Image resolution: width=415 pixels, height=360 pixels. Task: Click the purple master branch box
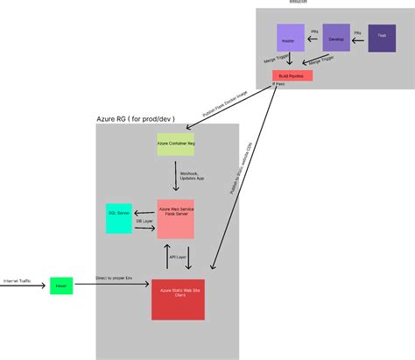(x=290, y=38)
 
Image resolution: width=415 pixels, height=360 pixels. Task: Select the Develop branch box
(x=336, y=39)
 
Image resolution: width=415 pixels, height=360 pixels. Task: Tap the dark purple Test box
(x=382, y=37)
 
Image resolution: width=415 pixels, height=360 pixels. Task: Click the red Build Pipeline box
(x=292, y=76)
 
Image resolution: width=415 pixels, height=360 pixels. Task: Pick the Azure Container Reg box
(x=175, y=141)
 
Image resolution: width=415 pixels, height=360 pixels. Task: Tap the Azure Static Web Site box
(x=178, y=299)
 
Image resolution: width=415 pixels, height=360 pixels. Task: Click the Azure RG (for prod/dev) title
(x=136, y=117)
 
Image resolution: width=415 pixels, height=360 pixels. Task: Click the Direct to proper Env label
(x=114, y=278)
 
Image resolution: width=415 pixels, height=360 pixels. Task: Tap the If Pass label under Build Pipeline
(x=280, y=84)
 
